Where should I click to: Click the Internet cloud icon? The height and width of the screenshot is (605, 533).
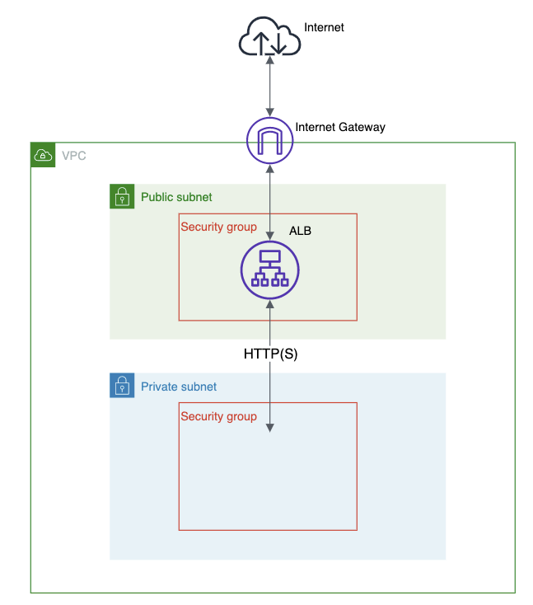coord(269,39)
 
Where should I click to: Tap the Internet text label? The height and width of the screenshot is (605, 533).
coord(324,28)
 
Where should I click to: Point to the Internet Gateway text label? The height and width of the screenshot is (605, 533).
coord(340,128)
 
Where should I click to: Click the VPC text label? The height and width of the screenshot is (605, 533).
coord(72,155)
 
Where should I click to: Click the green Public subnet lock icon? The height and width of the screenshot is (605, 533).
coord(122,196)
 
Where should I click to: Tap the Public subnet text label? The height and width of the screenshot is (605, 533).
coord(176,197)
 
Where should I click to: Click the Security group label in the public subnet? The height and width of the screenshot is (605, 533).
coord(218,227)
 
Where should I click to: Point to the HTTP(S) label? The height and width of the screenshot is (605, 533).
coord(270,354)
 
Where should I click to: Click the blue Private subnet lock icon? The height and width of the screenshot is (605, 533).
coord(122,386)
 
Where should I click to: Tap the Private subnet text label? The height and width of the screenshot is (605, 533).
coord(179,387)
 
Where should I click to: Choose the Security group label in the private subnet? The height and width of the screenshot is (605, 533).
coord(218,416)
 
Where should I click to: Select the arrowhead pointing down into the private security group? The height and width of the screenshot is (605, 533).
coord(270,426)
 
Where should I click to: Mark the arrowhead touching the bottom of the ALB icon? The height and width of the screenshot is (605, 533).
coord(270,304)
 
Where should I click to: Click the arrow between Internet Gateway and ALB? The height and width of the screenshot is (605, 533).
coord(270,198)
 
